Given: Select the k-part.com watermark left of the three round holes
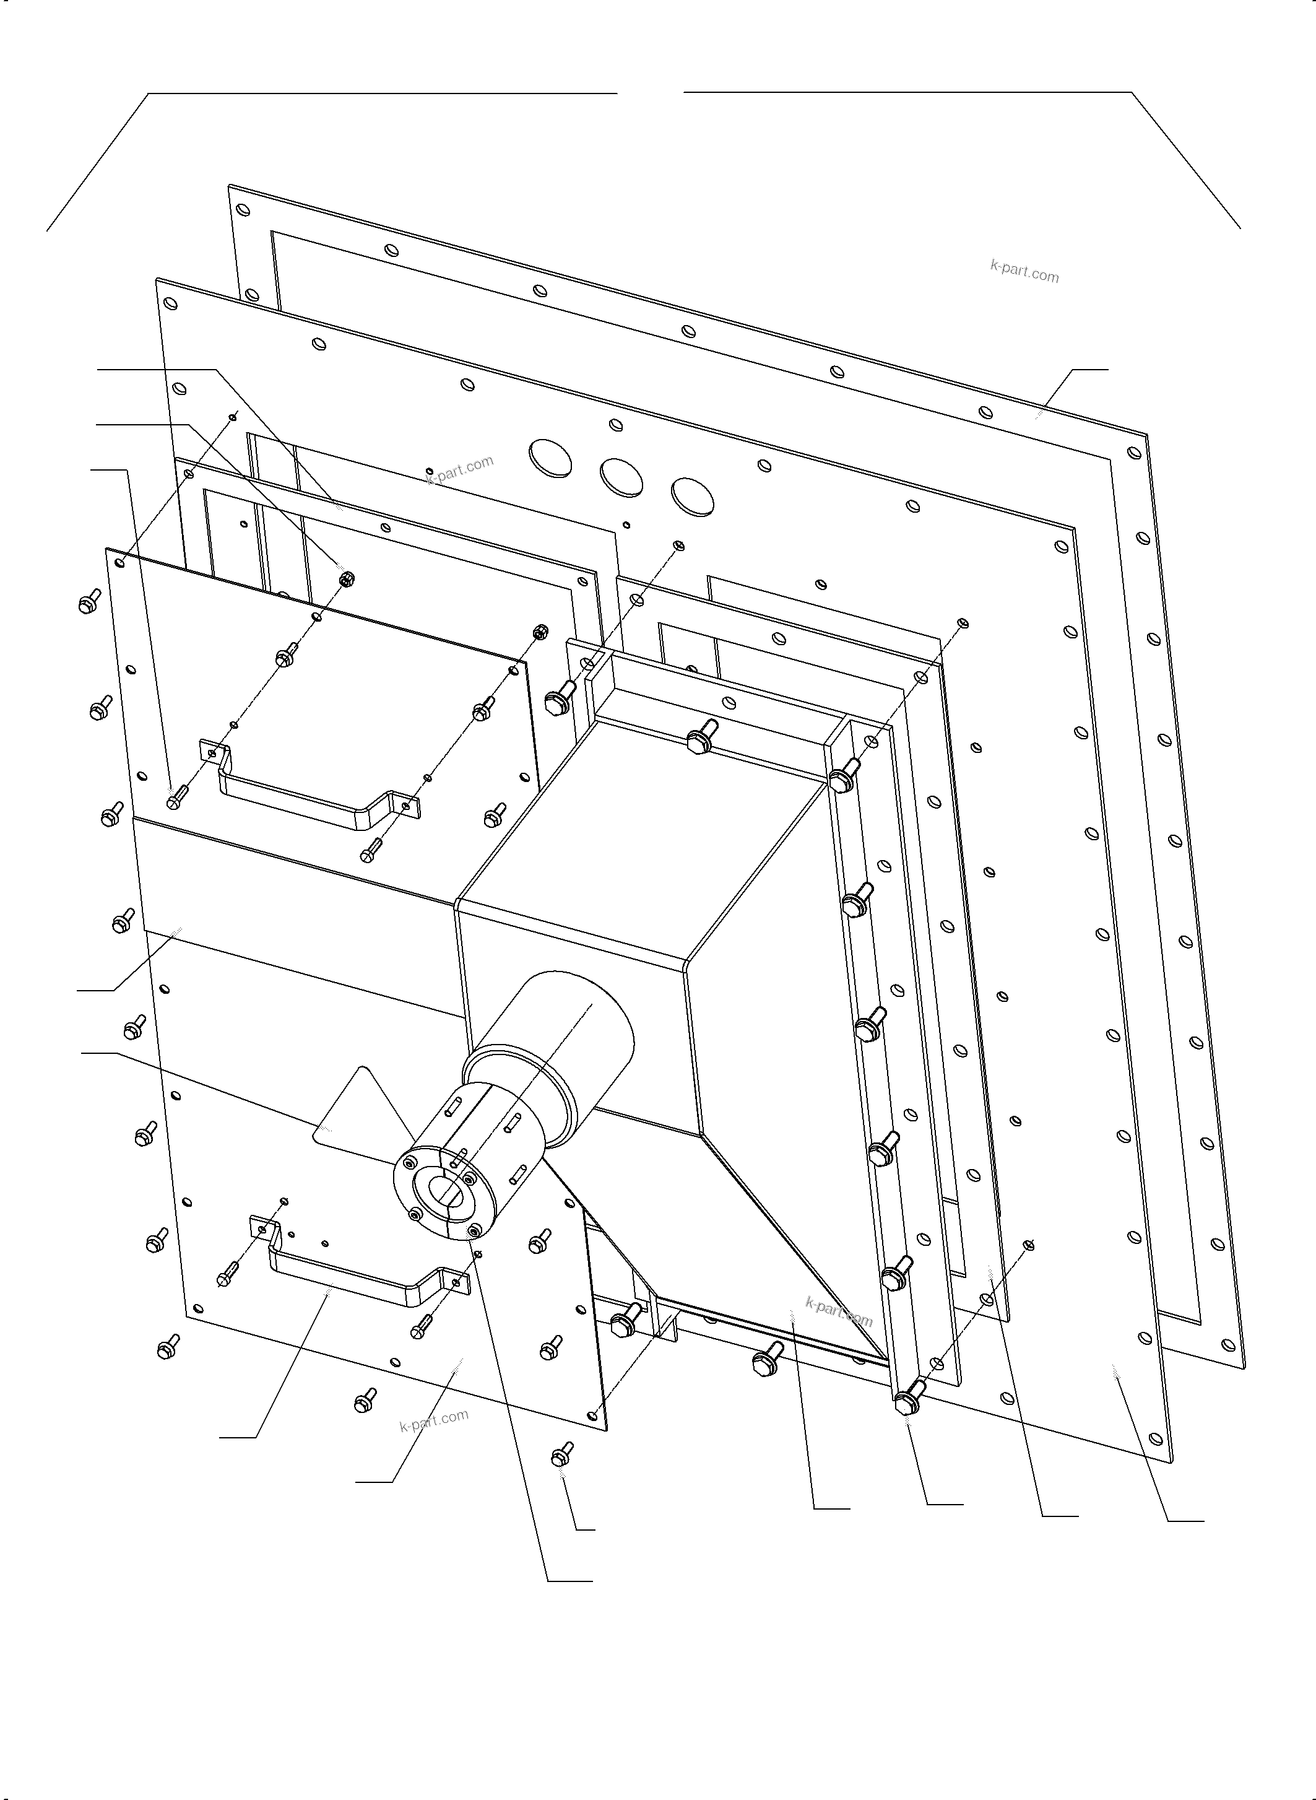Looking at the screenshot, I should pyautogui.click(x=461, y=469).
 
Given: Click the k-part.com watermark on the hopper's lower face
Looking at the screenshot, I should pyautogui.click(x=839, y=1311).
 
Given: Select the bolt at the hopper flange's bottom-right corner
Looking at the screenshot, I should pyautogui.click(x=907, y=1401).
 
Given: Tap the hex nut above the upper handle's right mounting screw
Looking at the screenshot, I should pyautogui.click(x=539, y=630).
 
